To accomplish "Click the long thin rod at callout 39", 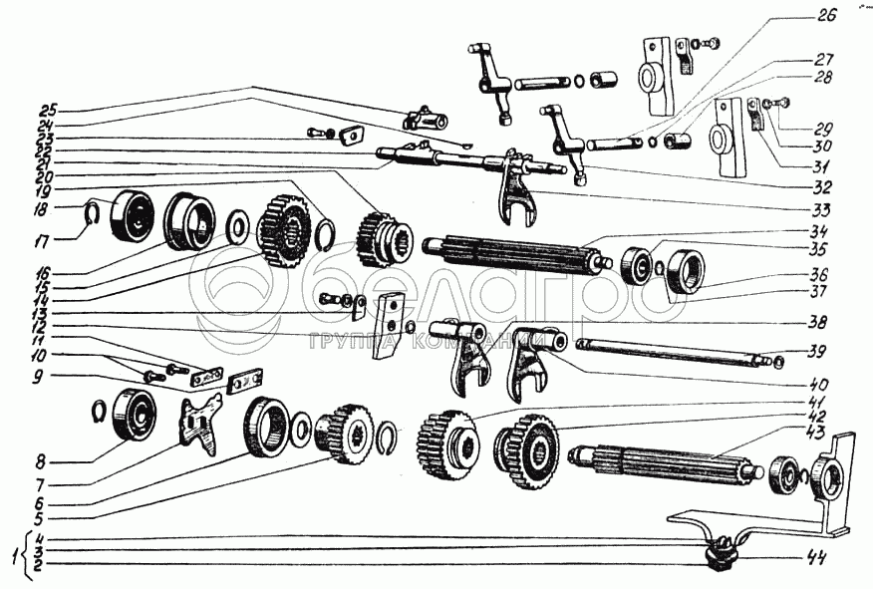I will (x=668, y=352).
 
